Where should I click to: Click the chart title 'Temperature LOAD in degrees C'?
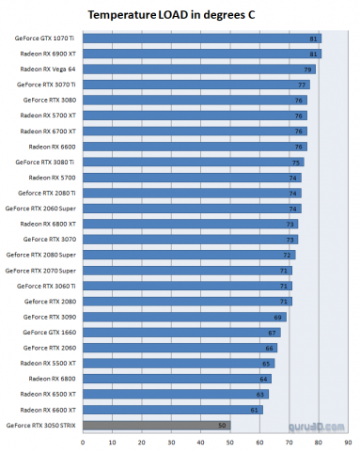(x=180, y=16)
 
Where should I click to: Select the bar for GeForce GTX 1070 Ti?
(x=201, y=39)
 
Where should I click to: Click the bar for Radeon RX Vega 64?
(x=198, y=70)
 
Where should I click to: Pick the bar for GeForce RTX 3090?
(x=183, y=317)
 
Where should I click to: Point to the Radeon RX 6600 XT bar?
(x=172, y=410)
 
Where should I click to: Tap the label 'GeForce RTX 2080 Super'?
(x=41, y=255)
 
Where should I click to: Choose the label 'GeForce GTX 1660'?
(x=48, y=332)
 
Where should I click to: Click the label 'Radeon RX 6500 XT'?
(x=48, y=394)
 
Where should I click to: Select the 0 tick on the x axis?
(x=83, y=442)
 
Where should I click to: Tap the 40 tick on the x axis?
(x=200, y=442)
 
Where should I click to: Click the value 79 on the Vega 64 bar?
(x=307, y=70)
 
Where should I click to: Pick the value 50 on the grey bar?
(x=223, y=426)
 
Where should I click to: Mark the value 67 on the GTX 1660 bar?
(x=273, y=333)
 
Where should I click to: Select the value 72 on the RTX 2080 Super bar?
(x=288, y=255)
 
